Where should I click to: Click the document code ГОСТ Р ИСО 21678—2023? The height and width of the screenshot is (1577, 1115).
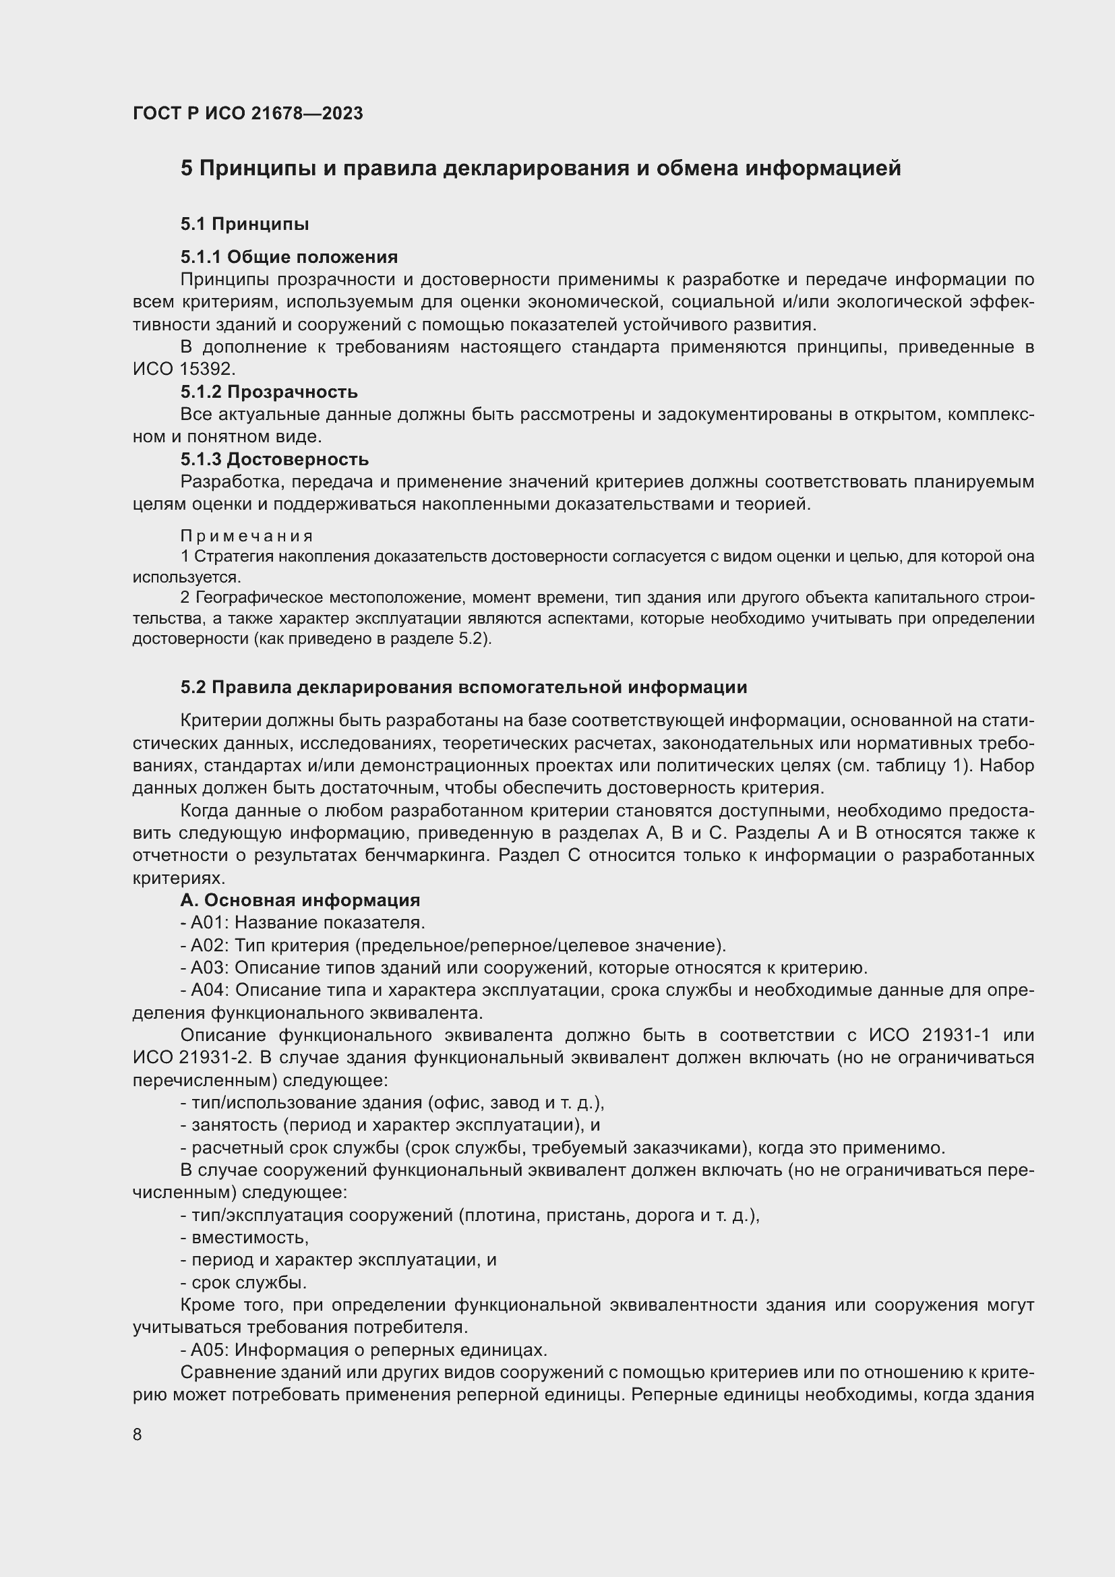click(247, 113)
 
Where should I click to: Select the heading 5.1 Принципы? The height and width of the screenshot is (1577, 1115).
click(245, 224)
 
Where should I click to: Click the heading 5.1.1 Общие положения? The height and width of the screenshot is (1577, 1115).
click(289, 257)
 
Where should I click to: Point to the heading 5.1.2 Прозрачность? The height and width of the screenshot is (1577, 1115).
click(269, 392)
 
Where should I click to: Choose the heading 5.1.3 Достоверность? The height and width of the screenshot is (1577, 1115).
click(274, 459)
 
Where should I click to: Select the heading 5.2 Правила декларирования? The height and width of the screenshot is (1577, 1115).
click(463, 687)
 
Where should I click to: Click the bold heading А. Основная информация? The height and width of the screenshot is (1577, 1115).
click(300, 900)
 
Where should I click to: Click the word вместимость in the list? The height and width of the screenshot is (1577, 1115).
click(250, 1237)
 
